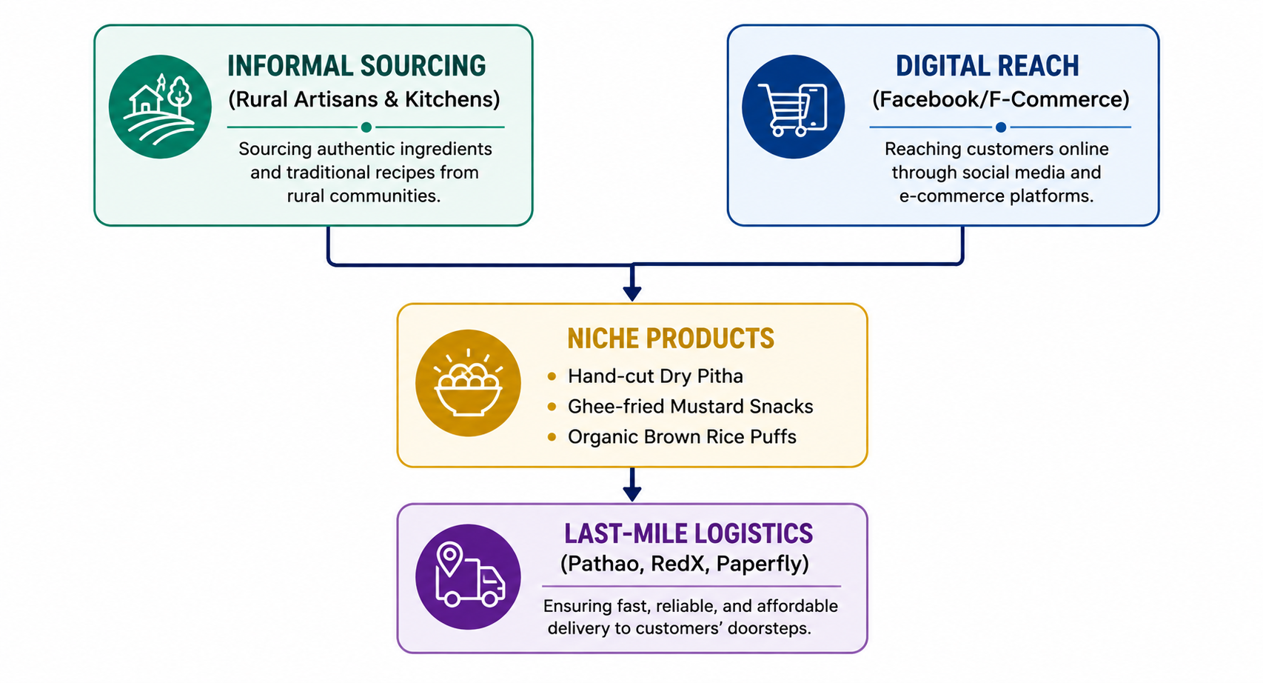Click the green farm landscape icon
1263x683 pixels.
click(160, 107)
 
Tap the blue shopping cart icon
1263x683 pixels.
click(794, 107)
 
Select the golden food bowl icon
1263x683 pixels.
click(468, 383)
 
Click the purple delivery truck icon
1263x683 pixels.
click(468, 576)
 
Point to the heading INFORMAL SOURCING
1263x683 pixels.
click(356, 66)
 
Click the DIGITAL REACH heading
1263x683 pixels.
click(988, 66)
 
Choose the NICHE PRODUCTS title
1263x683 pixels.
click(671, 339)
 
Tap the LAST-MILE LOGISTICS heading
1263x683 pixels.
click(689, 533)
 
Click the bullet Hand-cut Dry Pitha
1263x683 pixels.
click(655, 376)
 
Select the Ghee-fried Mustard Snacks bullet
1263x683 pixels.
click(690, 407)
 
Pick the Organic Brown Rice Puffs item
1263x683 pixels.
click(682, 437)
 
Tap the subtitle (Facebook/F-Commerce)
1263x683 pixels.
click(1001, 99)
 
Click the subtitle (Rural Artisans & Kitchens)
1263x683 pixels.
click(364, 99)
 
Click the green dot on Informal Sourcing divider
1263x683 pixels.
click(366, 127)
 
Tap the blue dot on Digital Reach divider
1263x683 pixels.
click(1001, 127)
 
